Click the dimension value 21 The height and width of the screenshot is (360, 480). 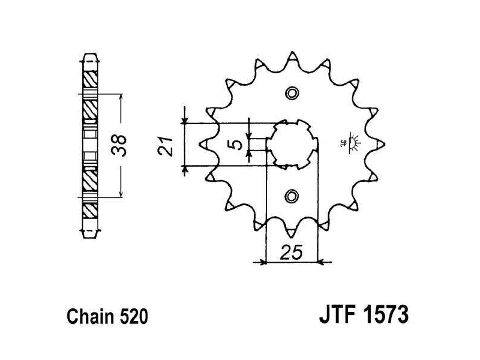point(169,146)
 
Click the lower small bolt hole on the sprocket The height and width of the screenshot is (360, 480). point(292,195)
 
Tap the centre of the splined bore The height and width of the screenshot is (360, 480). point(292,144)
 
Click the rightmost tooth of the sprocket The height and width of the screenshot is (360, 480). point(382,144)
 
